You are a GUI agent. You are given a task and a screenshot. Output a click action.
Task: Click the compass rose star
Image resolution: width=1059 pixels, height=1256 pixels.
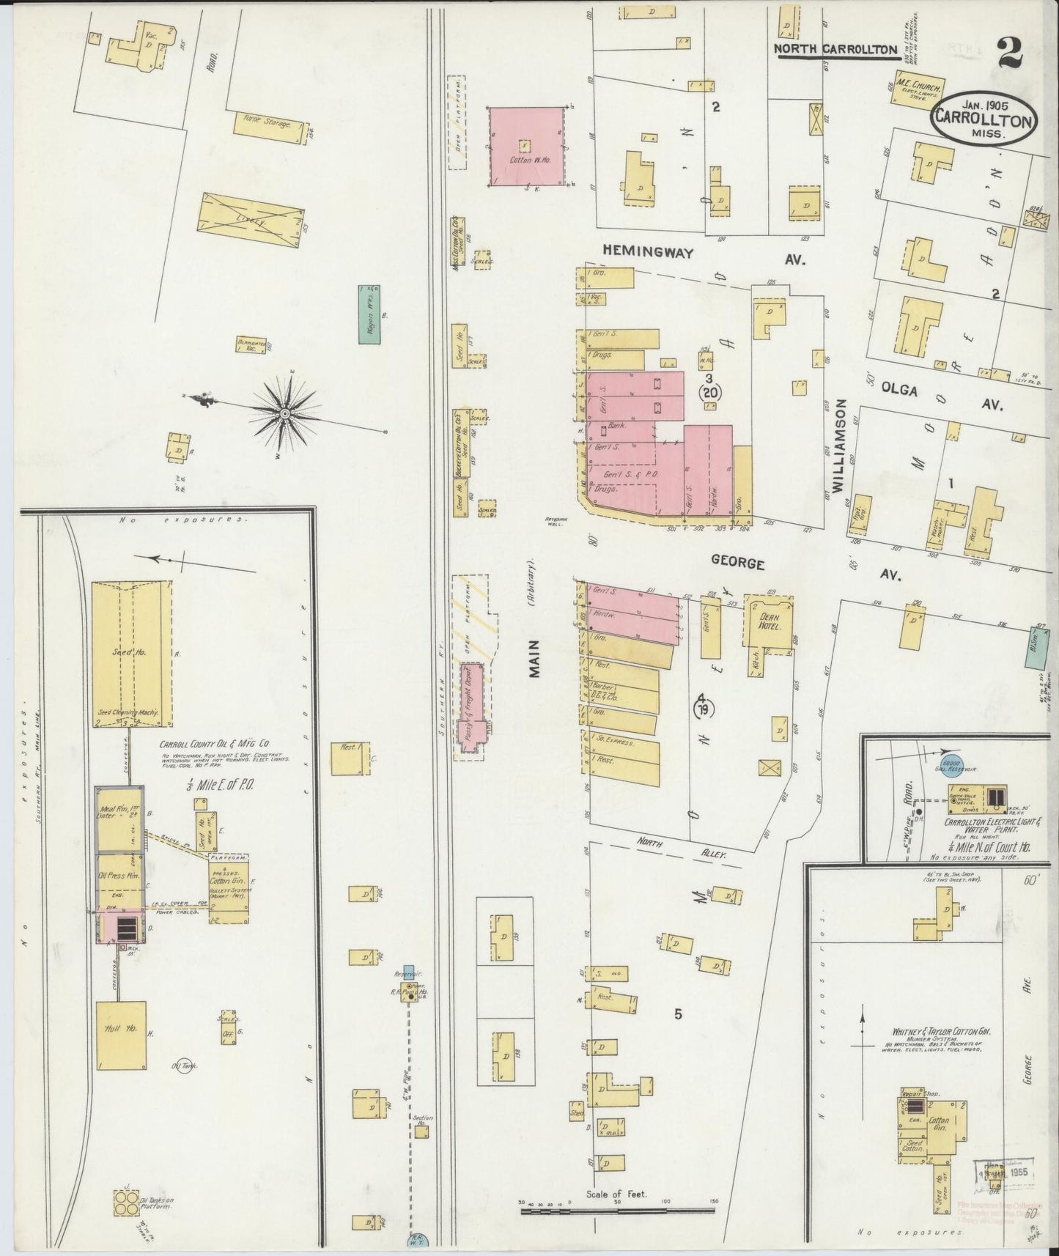coord(285,414)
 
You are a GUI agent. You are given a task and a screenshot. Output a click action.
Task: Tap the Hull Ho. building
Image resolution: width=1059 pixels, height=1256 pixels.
coord(121,1035)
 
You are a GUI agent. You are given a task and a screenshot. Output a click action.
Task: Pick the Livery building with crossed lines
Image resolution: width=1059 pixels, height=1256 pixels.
coord(252,220)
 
